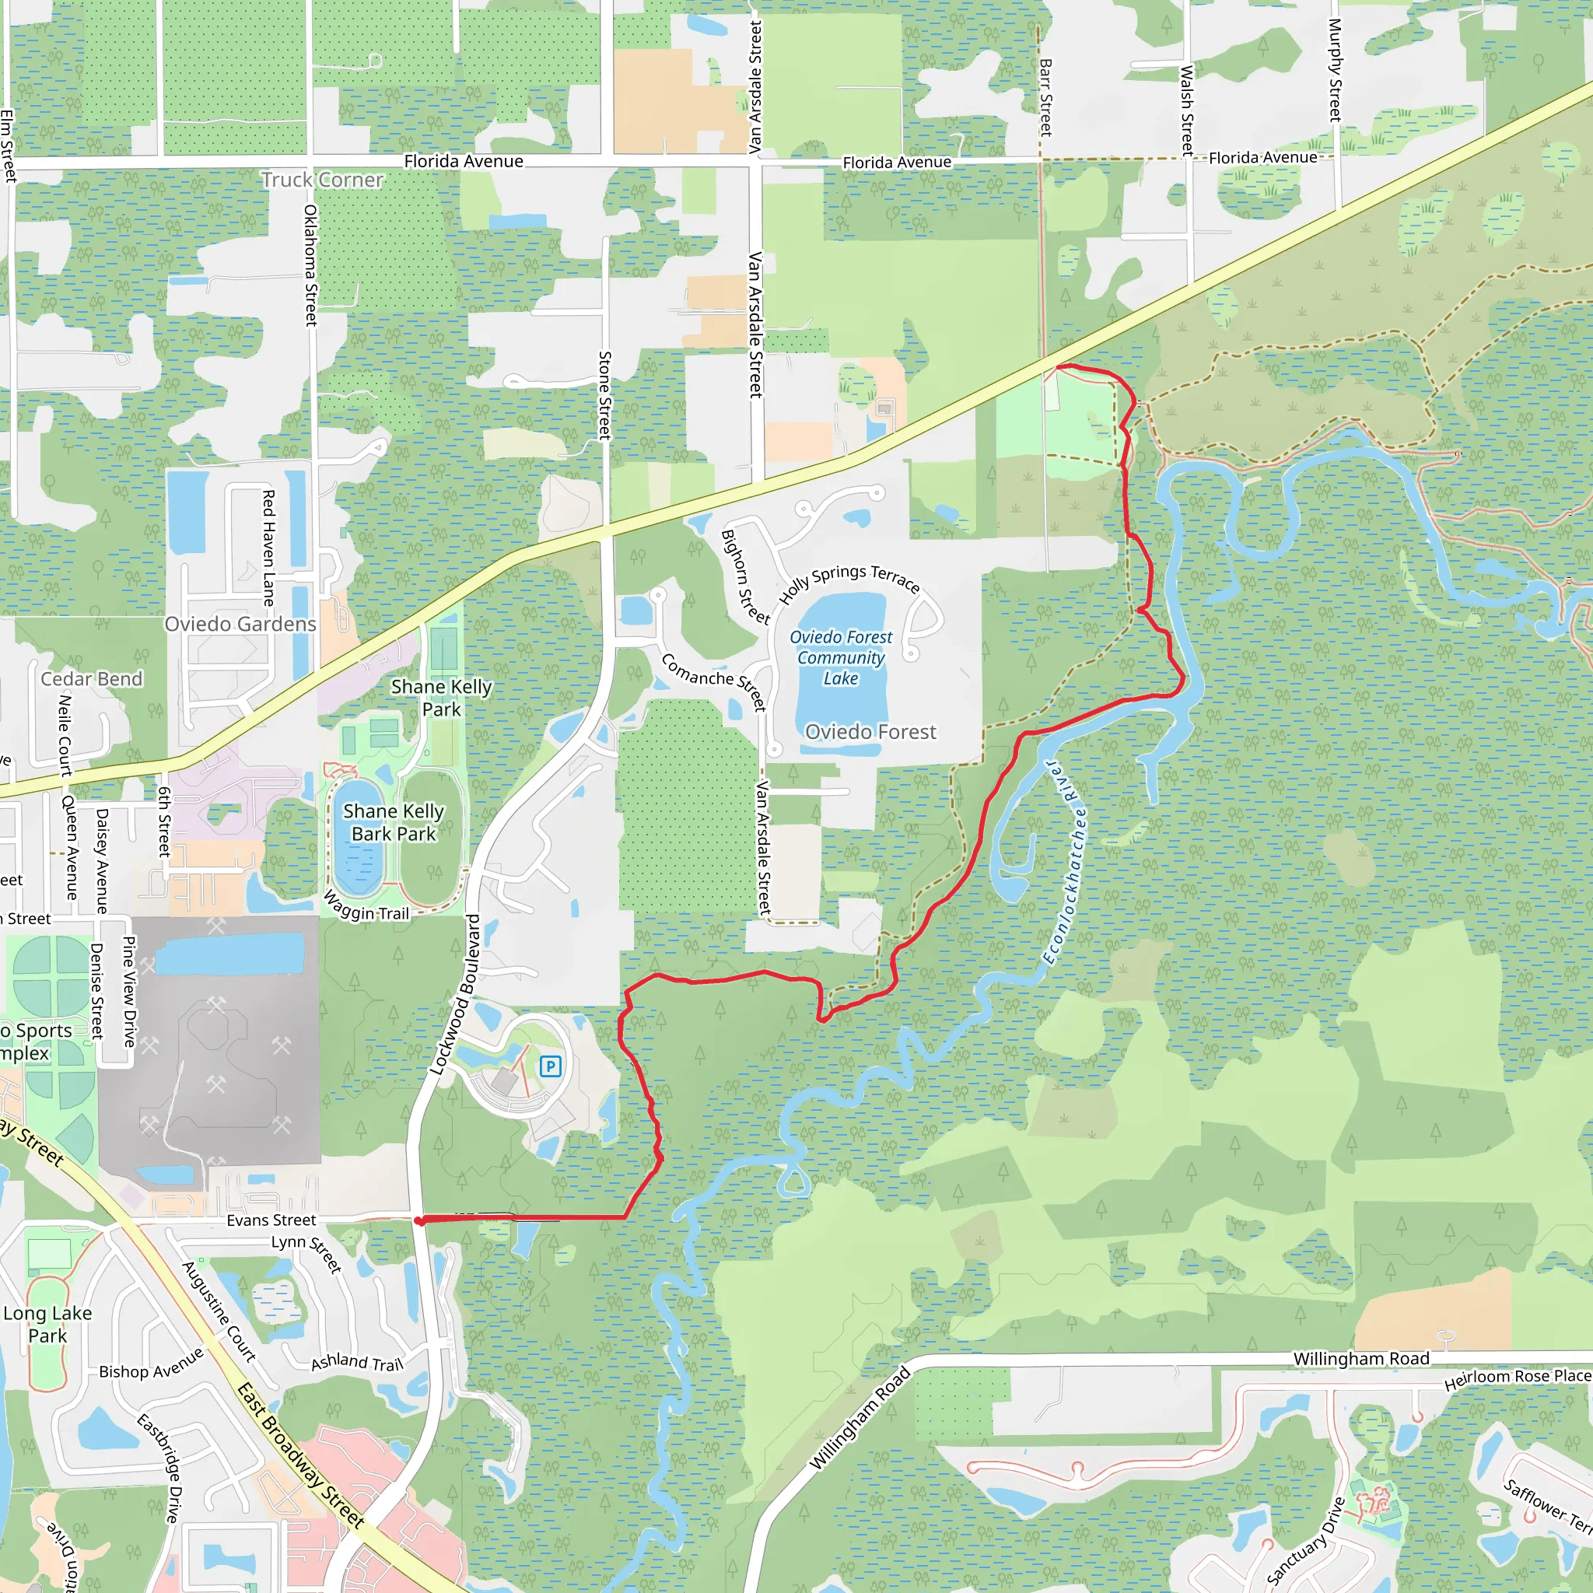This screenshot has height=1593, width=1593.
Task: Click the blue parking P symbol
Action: [550, 1066]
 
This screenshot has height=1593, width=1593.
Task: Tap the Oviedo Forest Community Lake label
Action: [840, 657]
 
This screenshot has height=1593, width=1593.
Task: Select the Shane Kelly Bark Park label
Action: [394, 822]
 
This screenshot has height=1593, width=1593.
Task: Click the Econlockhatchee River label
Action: [1065, 862]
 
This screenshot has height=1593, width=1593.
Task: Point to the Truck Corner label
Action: [322, 180]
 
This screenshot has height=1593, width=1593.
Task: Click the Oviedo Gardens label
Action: [240, 623]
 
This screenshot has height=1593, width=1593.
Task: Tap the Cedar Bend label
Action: [92, 678]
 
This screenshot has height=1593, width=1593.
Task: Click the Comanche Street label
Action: [714, 681]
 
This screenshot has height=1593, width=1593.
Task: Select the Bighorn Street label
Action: [744, 576]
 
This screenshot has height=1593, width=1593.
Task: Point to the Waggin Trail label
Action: [366, 906]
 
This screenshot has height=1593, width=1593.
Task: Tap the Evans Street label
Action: [271, 1220]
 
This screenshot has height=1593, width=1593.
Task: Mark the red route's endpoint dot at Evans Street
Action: [420, 1221]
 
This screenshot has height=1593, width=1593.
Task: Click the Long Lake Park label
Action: [47, 1323]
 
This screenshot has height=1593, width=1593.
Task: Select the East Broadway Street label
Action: [300, 1455]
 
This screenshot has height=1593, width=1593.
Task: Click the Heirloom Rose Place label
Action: [1517, 1379]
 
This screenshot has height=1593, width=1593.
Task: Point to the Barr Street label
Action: [1045, 96]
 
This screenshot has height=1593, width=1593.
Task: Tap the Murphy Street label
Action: [1335, 70]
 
